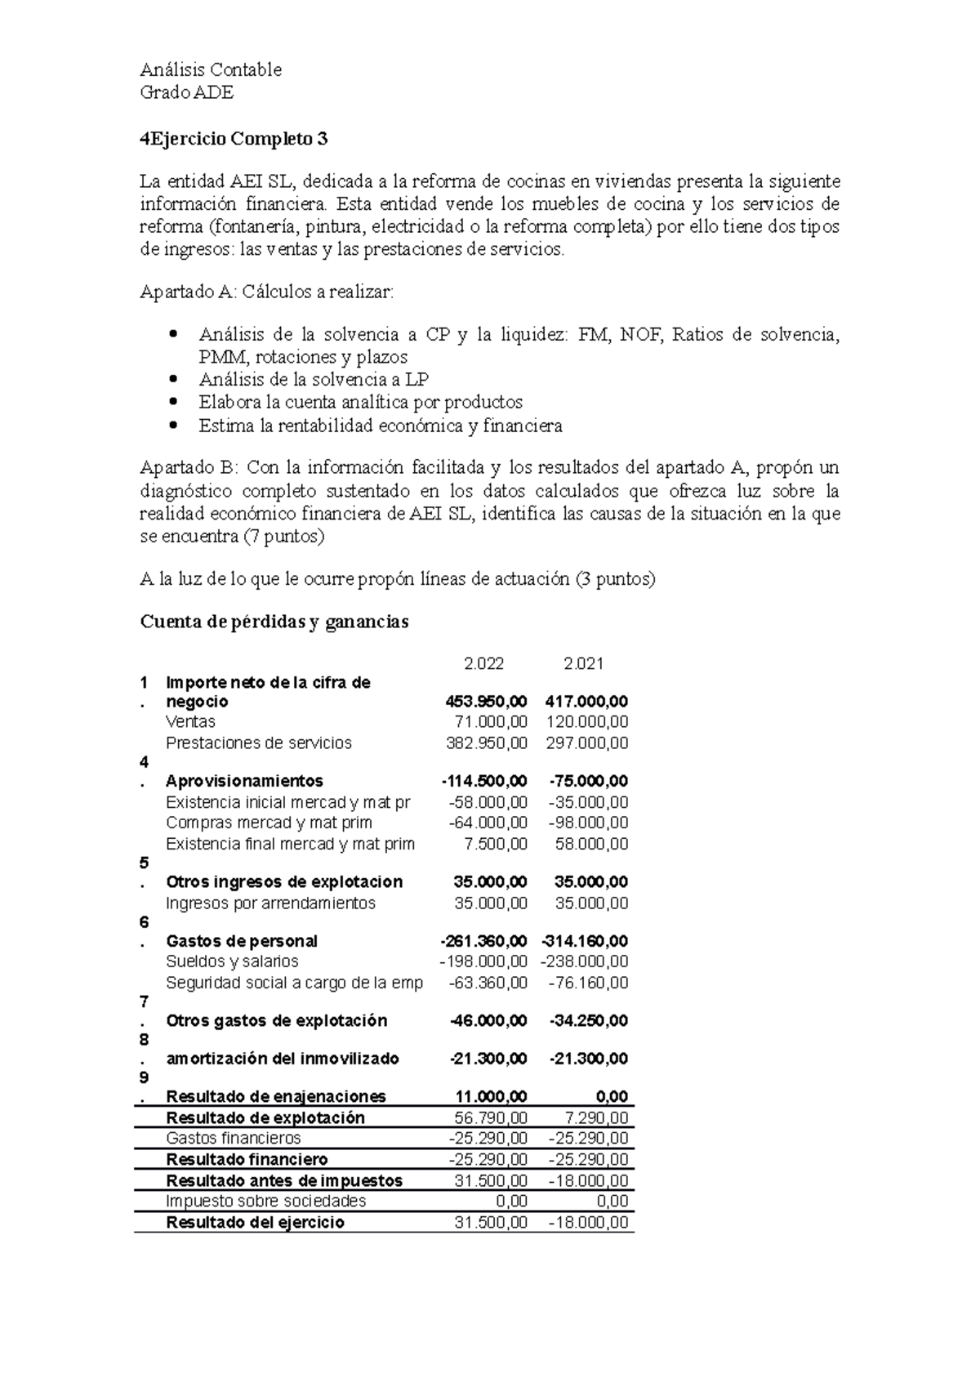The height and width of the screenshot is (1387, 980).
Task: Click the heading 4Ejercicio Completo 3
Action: (234, 139)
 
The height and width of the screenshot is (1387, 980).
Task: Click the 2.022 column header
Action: (483, 663)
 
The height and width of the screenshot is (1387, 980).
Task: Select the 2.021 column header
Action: (583, 663)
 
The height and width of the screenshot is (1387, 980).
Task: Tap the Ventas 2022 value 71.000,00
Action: (491, 722)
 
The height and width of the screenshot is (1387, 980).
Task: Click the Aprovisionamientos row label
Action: (244, 781)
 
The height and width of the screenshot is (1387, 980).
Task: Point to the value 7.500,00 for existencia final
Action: (497, 844)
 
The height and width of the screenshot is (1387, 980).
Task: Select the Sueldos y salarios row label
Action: (232, 961)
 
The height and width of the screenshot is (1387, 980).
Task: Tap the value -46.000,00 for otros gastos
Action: (488, 1021)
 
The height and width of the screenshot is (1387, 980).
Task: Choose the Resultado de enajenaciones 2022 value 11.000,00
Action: (491, 1096)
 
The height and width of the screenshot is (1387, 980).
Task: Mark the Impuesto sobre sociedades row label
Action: (265, 1201)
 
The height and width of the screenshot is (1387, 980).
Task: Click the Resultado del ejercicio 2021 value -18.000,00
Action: (585, 1222)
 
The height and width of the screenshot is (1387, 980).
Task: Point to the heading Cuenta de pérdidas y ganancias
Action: (274, 622)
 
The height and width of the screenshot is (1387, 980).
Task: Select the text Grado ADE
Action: (187, 92)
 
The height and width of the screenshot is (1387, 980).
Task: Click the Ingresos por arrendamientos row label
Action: (270, 903)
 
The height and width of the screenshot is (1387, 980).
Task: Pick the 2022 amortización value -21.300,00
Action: (488, 1059)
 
